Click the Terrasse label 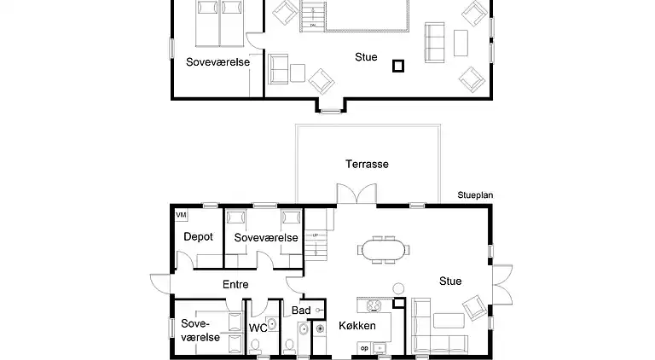tap(367, 164)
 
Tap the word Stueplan tap(475, 195)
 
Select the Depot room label tap(198, 237)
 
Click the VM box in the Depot tap(180, 215)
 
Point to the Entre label tap(235, 284)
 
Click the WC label tap(258, 328)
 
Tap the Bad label tap(301, 311)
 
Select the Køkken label tap(358, 325)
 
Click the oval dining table tap(385, 250)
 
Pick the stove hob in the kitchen tap(374, 305)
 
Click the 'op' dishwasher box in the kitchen tap(365, 348)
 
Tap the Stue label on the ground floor tap(450, 281)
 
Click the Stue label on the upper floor tap(366, 57)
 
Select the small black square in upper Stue tap(397, 65)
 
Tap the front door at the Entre tap(160, 285)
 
